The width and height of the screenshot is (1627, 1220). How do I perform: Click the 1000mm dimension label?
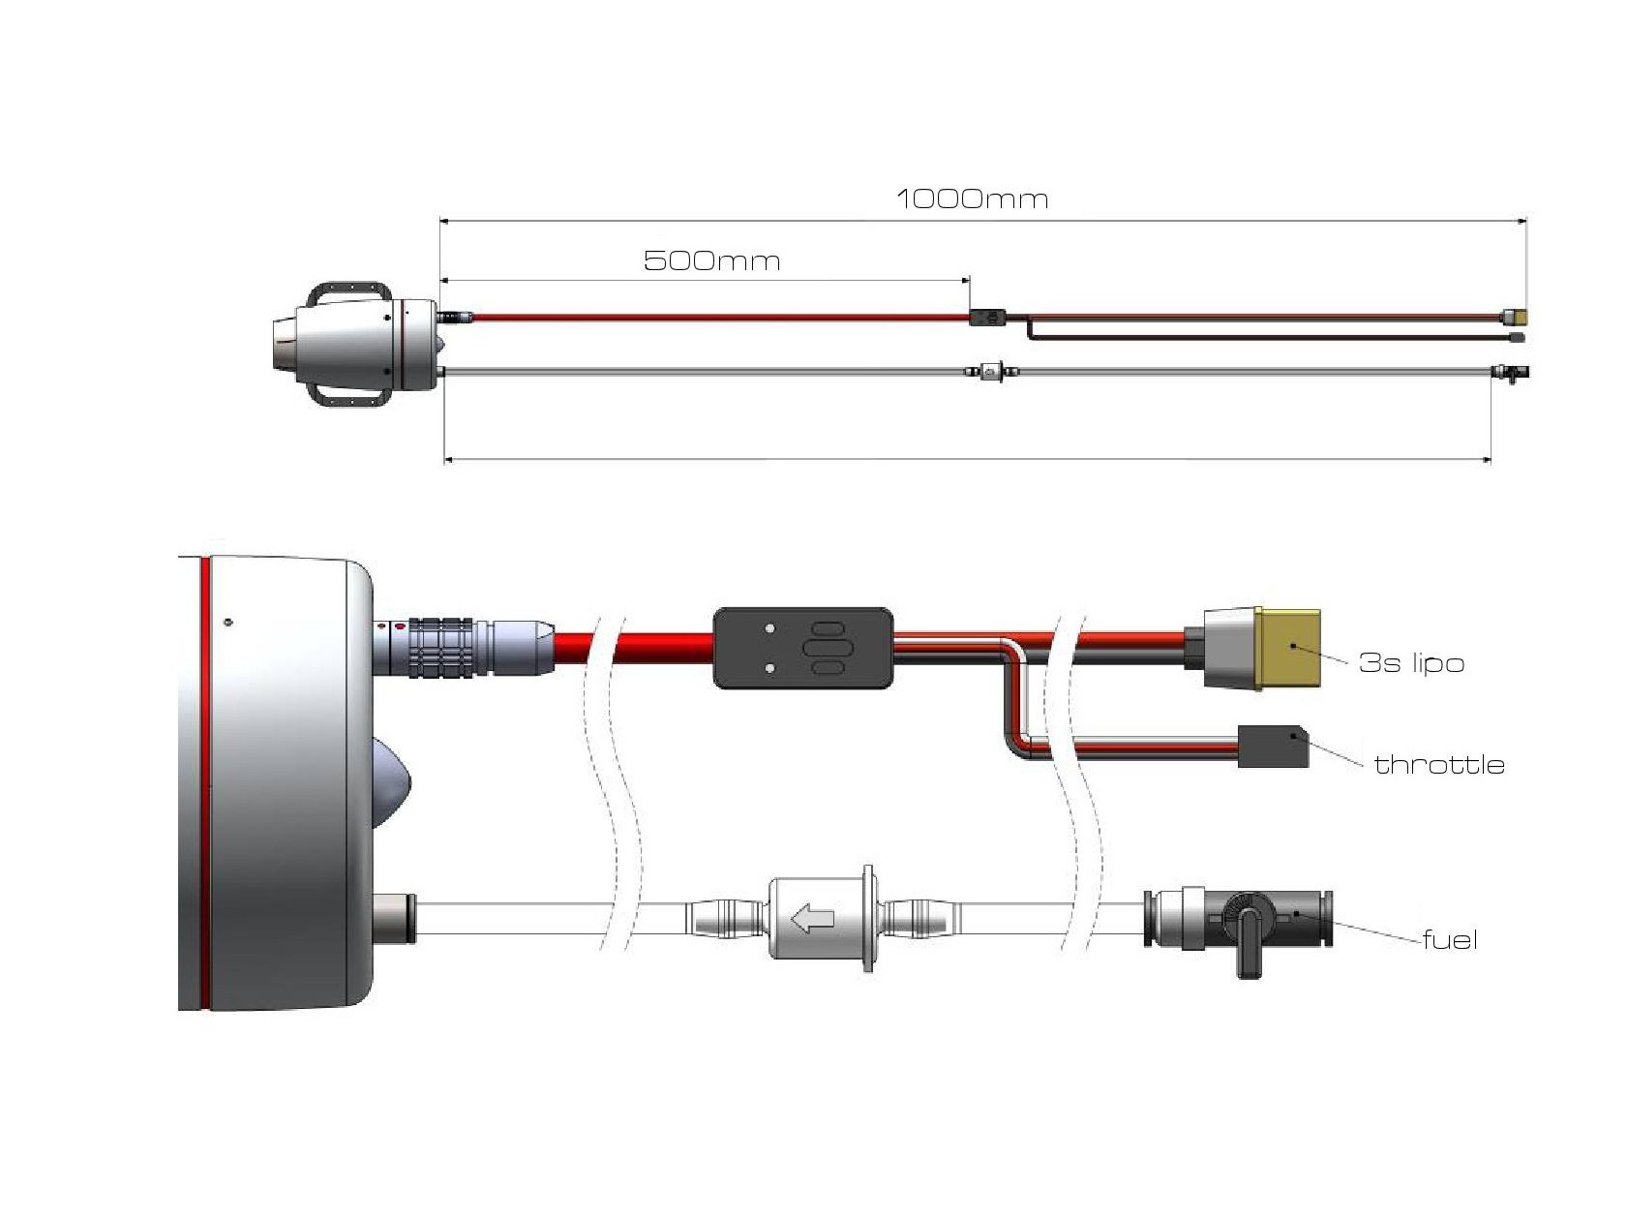coord(972,199)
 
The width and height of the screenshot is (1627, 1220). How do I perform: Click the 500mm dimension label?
coord(711,261)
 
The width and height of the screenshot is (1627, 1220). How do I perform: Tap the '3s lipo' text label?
coord(1411,663)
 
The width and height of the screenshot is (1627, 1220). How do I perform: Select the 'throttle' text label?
coord(1439,765)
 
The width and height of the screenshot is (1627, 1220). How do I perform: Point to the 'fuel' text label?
coord(1450,940)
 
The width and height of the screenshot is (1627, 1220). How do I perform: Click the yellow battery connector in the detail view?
coord(1288,649)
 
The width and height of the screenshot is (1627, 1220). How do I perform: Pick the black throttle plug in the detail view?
coord(1273,747)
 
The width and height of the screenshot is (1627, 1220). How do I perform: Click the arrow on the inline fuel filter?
coord(813,918)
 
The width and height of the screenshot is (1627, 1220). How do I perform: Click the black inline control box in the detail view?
coord(802,649)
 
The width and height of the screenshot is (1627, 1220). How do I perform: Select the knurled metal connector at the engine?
coord(441,646)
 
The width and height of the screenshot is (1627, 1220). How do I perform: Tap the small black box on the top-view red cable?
coord(987,317)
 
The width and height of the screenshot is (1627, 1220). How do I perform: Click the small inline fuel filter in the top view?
coord(989,370)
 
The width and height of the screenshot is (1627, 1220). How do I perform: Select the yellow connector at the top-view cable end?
coord(1515,316)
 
